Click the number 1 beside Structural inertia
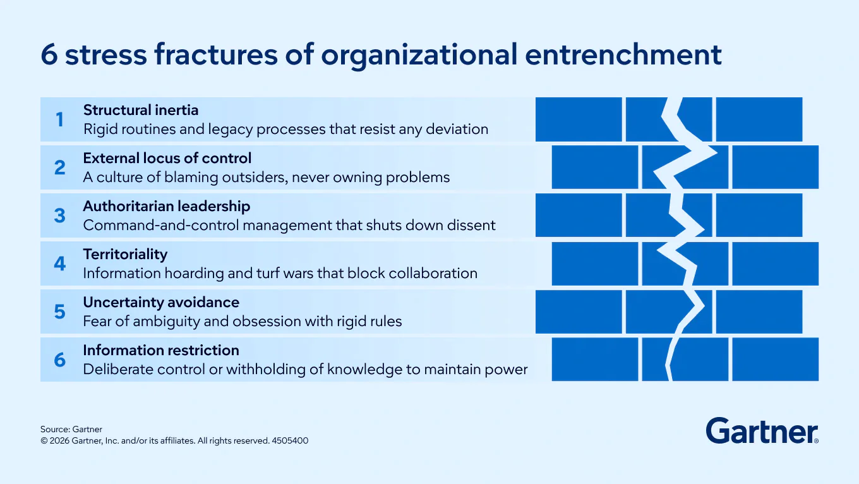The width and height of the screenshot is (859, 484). pyautogui.click(x=60, y=119)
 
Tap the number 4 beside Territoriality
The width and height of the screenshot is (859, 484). pyautogui.click(x=60, y=263)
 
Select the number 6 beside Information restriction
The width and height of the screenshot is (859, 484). pyautogui.click(x=60, y=360)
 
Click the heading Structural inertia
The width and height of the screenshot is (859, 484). pyautogui.click(x=141, y=110)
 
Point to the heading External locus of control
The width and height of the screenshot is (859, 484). pyautogui.click(x=167, y=158)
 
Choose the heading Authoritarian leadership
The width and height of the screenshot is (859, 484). pyautogui.click(x=167, y=207)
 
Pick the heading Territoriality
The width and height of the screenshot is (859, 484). pyautogui.click(x=126, y=254)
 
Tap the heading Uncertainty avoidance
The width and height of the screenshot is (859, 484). pyautogui.click(x=161, y=302)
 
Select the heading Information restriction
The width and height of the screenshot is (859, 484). pyautogui.click(x=161, y=350)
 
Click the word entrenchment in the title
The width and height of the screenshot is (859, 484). pyautogui.click(x=623, y=54)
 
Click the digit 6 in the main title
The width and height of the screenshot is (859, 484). pyautogui.click(x=49, y=54)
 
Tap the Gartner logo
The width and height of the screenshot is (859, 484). pyautogui.click(x=762, y=431)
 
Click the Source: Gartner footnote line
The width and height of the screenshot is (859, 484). pyautogui.click(x=71, y=429)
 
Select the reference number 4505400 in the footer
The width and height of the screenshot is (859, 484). pyautogui.click(x=290, y=440)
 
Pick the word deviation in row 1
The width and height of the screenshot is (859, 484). pyautogui.click(x=457, y=130)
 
